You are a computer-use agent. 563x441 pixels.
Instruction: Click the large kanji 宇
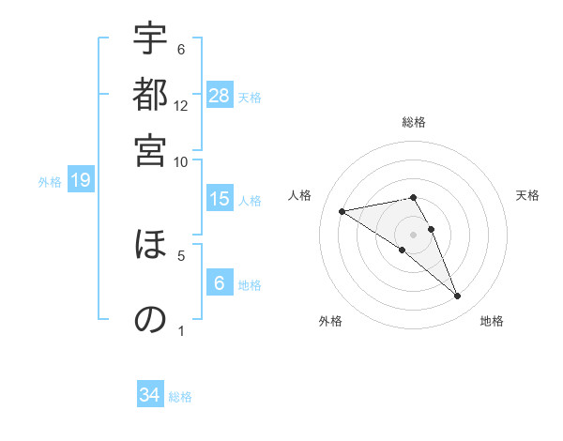coord(150,40)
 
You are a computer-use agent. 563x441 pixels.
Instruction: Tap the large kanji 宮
coord(150,150)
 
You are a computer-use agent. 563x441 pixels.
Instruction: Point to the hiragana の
coord(150,319)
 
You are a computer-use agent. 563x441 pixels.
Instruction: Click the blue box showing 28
coord(220,96)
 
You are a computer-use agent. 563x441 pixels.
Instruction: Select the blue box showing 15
coord(220,199)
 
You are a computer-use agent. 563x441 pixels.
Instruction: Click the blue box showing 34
coord(150,396)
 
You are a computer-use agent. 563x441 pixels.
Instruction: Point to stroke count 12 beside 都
coord(181,105)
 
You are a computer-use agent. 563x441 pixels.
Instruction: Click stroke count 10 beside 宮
coord(181,160)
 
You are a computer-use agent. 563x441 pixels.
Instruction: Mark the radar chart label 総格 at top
coord(414,122)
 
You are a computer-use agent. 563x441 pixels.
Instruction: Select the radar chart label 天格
coord(527,195)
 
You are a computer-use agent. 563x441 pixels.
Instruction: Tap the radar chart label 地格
coord(492,321)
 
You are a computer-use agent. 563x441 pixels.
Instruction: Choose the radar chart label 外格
coord(330,321)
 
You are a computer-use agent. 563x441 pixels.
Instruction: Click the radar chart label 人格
coord(300,195)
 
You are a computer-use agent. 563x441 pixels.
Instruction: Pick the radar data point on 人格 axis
coord(342,211)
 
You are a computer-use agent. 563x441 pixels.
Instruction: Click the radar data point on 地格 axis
coord(457,296)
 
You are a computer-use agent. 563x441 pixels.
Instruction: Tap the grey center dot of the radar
coord(413,234)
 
